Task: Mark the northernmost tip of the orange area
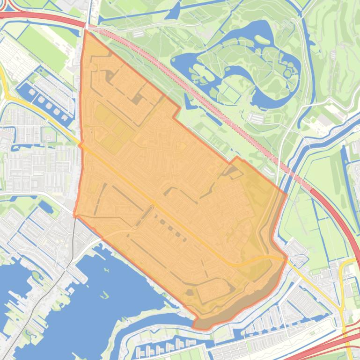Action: [85, 31]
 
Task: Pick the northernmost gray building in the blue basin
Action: [32, 92]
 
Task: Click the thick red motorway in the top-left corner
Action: [42, 18]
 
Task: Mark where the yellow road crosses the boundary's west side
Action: [81, 145]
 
